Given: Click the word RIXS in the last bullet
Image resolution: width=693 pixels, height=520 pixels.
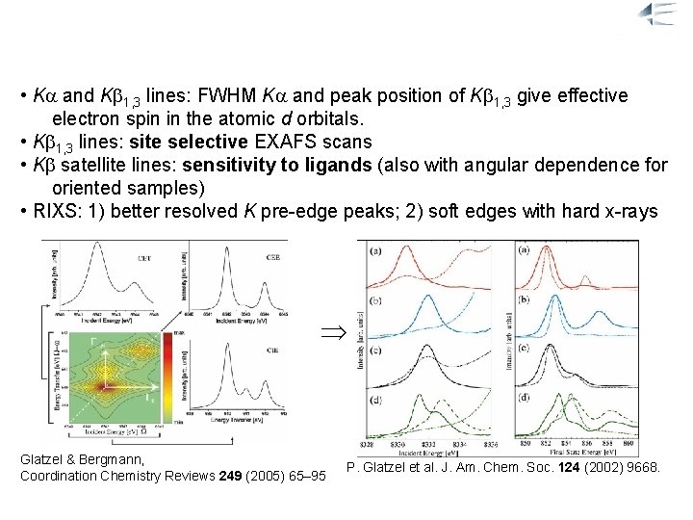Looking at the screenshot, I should click(54, 211).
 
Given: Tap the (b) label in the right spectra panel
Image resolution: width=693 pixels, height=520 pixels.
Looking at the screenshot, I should click(525, 300).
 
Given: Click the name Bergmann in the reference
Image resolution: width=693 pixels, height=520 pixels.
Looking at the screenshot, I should click(114, 459).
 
